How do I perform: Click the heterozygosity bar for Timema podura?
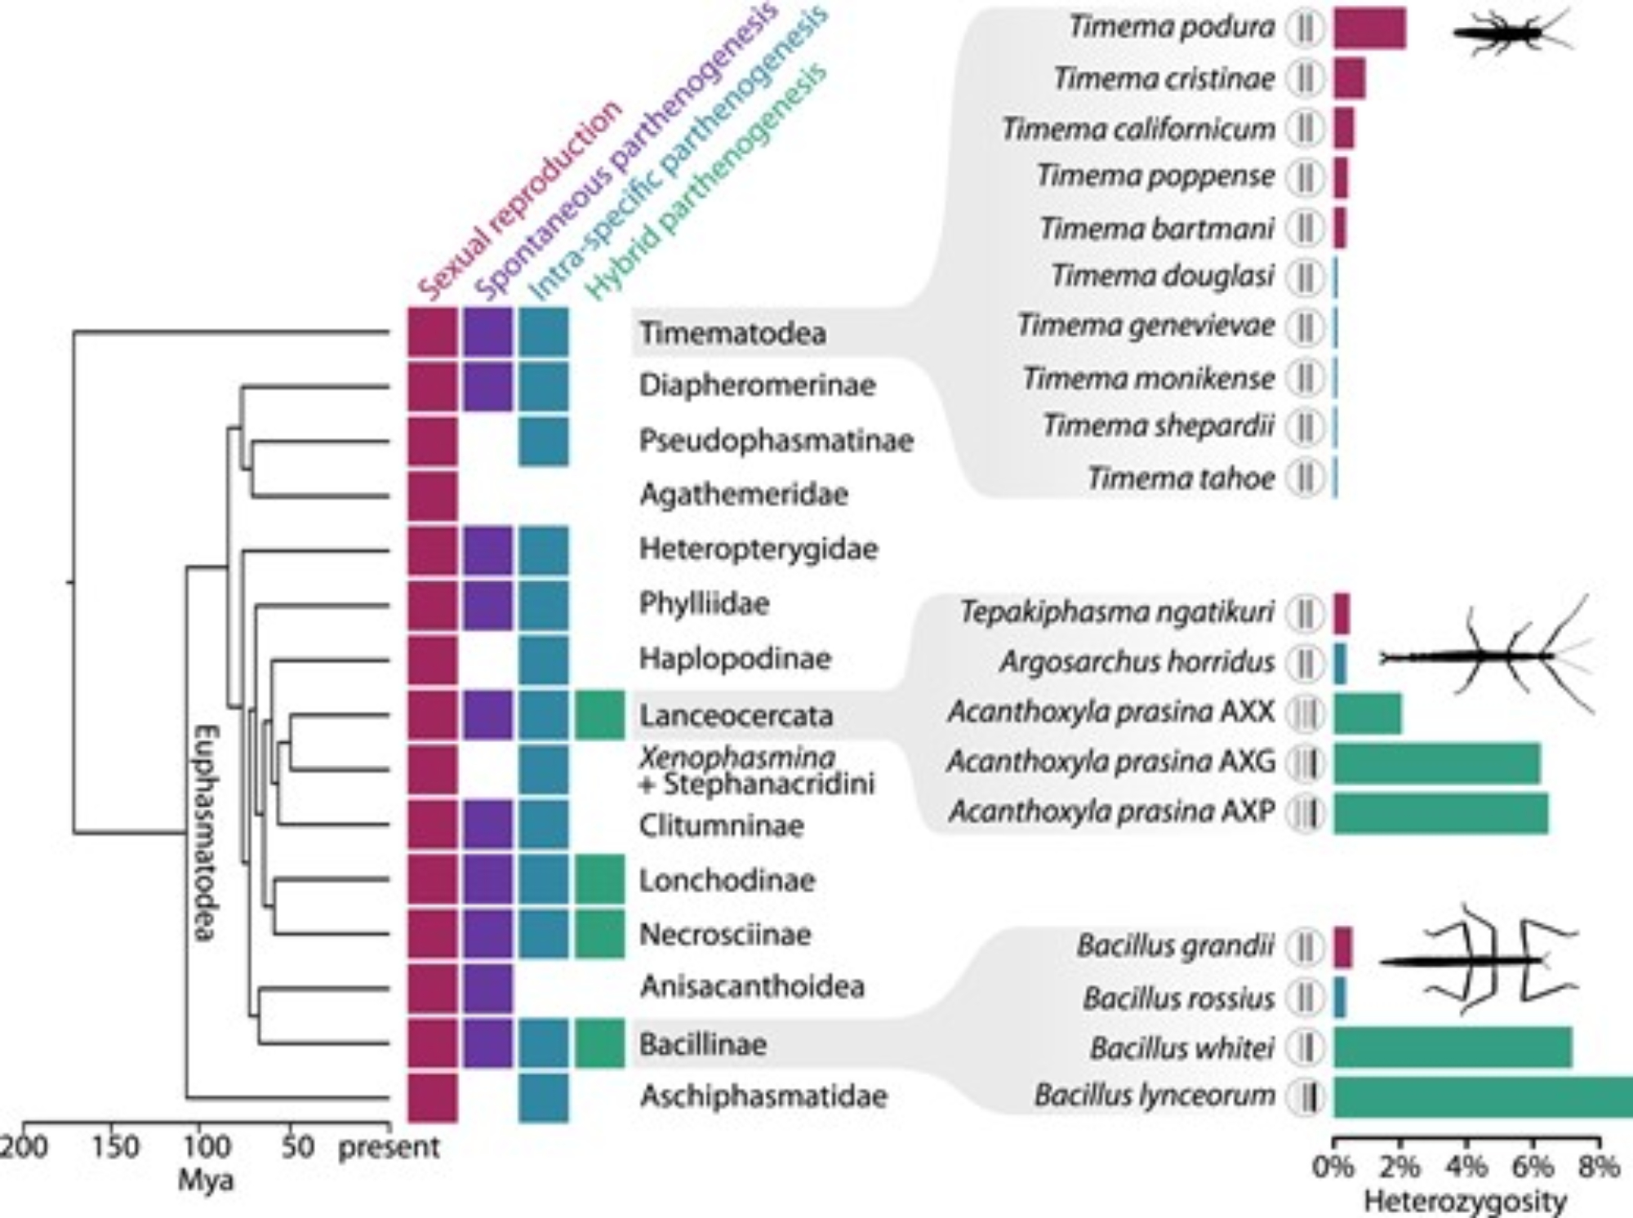pyautogui.click(x=1369, y=28)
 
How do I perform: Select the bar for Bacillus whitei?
pyautogui.click(x=1453, y=1047)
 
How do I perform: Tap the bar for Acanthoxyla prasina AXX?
pyautogui.click(x=1368, y=713)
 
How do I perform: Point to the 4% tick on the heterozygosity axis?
pyautogui.click(x=1466, y=1166)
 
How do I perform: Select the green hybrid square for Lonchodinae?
pyautogui.click(x=599, y=879)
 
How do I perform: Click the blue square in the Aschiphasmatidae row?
pyautogui.click(x=543, y=1097)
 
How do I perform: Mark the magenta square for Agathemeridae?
pyautogui.click(x=433, y=495)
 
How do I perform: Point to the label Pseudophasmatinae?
pyautogui.click(x=776, y=441)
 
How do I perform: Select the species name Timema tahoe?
pyautogui.click(x=1181, y=478)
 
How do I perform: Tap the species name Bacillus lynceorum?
pyautogui.click(x=1155, y=1096)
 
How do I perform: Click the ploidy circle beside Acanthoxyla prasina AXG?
pyautogui.click(x=1305, y=763)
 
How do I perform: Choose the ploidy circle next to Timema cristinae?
pyautogui.click(x=1305, y=79)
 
